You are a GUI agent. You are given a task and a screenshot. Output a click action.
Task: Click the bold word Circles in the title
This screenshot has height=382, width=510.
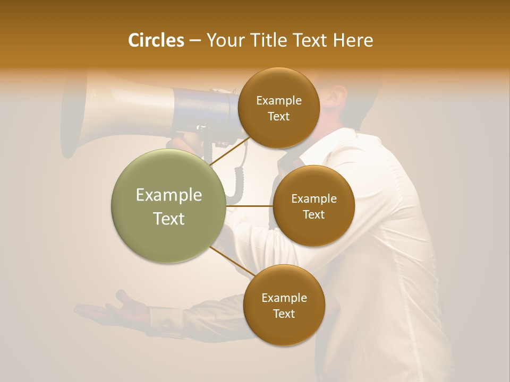click(x=156, y=40)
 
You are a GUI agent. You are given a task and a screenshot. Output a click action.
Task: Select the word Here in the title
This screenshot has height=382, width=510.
click(x=353, y=40)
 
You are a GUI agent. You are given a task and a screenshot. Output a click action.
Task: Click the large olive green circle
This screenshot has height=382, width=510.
click(x=168, y=206)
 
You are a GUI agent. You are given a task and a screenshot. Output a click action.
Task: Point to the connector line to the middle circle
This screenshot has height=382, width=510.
click(x=249, y=205)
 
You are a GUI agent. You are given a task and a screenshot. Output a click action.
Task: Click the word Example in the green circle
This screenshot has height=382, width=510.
click(x=169, y=195)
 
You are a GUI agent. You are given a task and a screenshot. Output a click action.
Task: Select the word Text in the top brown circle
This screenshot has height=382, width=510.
click(x=278, y=116)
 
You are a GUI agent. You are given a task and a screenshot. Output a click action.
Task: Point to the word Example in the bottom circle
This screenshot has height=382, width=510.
click(x=284, y=298)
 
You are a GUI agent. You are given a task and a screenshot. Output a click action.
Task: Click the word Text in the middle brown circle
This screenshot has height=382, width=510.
click(x=313, y=214)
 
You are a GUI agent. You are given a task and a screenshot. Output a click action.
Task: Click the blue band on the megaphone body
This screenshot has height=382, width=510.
click(x=205, y=109)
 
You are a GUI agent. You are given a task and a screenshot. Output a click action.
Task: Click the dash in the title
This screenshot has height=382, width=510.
click(x=195, y=41)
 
